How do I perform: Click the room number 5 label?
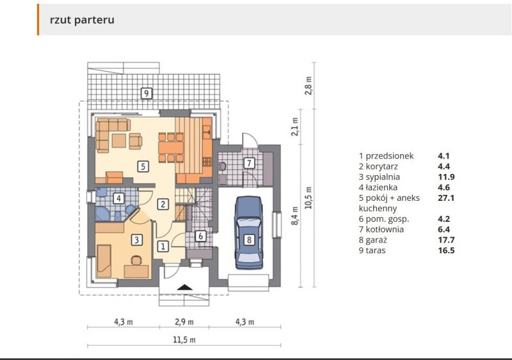(144, 166)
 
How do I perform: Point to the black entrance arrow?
(184, 288)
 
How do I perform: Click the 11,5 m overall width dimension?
(184, 340)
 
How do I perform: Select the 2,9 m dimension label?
(184, 322)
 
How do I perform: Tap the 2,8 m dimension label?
(309, 85)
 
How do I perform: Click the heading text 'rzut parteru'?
(82, 20)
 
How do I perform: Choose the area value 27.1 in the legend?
(445, 198)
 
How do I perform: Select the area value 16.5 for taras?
(445, 251)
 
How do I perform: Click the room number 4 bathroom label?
(118, 198)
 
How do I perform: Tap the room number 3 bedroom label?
(136, 240)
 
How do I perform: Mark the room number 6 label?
(200, 236)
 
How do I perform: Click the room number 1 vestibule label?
(163, 246)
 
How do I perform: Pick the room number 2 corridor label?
(163, 205)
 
